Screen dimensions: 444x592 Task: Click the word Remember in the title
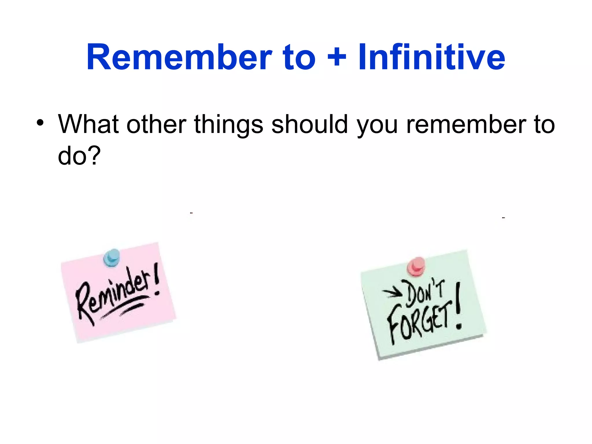[x=179, y=57]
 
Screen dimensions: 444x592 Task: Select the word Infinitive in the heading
[x=432, y=57]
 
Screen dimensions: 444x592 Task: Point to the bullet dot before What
[x=40, y=123]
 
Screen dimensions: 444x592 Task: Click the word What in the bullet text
[x=88, y=124]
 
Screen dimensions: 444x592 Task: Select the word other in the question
[x=156, y=124]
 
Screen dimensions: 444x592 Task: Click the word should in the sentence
[x=309, y=124]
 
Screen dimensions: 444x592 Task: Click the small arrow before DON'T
[x=392, y=293]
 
